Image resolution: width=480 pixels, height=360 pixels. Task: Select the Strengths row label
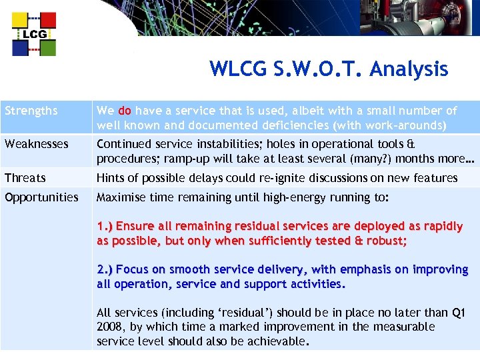[x=31, y=111]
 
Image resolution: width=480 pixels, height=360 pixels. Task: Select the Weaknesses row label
[x=36, y=144]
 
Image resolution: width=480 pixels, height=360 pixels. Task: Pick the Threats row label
[x=25, y=178]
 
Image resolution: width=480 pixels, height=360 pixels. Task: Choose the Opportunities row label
[x=41, y=197]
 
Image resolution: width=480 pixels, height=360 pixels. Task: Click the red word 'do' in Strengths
[x=124, y=111]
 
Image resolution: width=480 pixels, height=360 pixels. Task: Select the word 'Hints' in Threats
[x=111, y=178]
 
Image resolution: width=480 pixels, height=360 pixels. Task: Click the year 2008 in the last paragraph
[x=111, y=327]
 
